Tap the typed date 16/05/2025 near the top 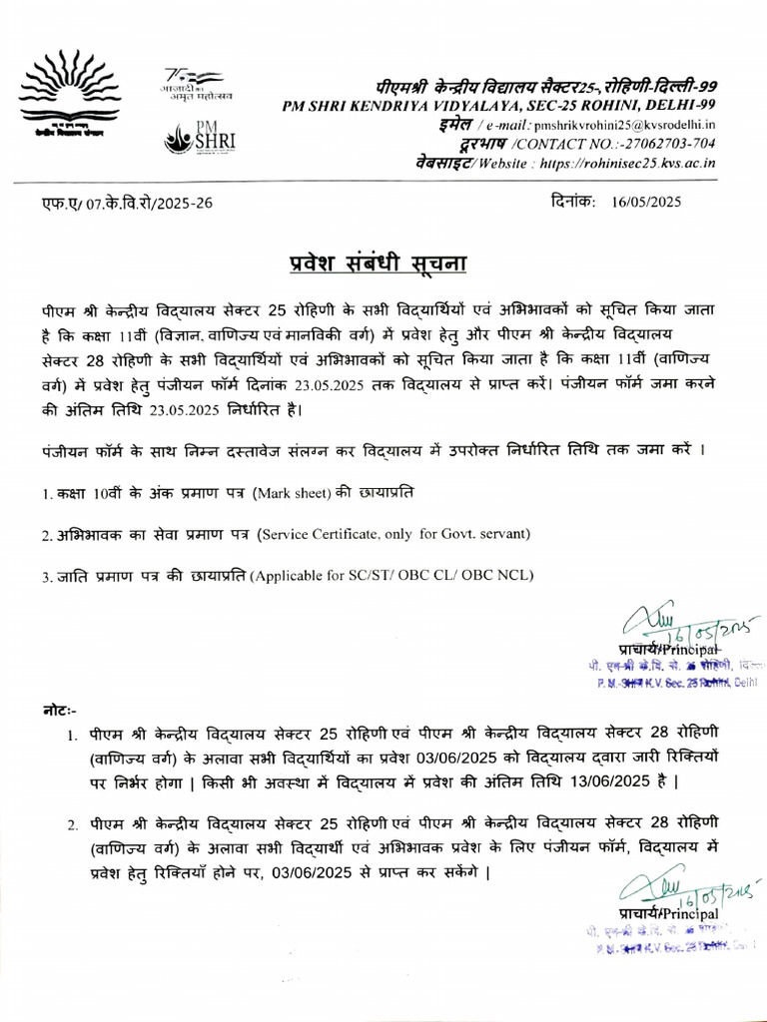click(648, 202)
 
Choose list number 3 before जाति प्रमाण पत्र click(46, 576)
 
